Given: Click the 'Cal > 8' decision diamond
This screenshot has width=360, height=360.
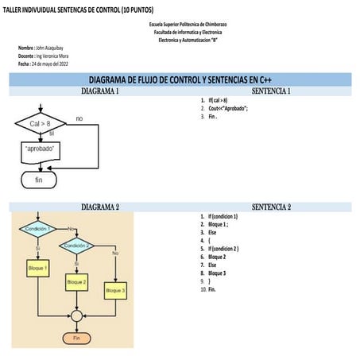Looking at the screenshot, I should tap(40, 125).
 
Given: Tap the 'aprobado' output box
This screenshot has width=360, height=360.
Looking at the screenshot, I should tap(37, 149).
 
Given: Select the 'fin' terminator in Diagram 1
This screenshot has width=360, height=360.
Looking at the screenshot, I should tap(39, 180).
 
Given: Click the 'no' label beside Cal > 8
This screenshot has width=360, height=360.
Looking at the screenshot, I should tap(79, 118).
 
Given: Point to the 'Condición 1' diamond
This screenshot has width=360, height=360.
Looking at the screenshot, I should tap(37, 229).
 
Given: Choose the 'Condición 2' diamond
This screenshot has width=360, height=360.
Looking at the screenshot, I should tap(76, 246).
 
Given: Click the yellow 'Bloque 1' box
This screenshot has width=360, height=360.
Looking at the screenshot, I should tap(37, 269).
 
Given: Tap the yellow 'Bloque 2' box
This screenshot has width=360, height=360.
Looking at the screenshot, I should tap(76, 281).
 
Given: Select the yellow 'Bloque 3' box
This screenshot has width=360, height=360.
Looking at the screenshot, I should tap(115, 291).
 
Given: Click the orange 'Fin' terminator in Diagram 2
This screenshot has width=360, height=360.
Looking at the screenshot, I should tap(76, 338).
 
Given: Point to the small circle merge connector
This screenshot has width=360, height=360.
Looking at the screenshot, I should tap(76, 315).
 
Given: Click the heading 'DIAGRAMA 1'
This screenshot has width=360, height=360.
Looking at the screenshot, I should tap(101, 92).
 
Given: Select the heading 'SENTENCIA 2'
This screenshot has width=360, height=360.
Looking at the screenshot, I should tap(271, 207).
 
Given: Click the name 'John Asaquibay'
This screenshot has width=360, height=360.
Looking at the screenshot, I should tap(48, 48).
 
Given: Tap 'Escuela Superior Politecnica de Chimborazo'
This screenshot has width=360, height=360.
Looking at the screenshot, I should tap(188, 25).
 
